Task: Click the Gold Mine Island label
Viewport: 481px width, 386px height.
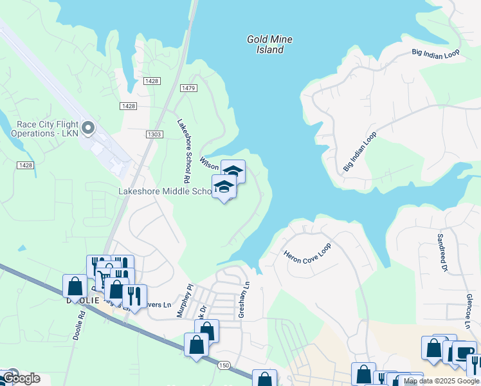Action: click(x=269, y=44)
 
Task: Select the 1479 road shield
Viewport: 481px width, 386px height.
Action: click(x=188, y=88)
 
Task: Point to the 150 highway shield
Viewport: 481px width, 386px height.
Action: click(x=224, y=365)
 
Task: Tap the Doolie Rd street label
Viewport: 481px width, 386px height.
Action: click(x=79, y=326)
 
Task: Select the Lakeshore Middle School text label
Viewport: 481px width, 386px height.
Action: click(x=165, y=192)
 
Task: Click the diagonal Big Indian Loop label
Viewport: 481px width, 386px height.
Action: click(x=359, y=152)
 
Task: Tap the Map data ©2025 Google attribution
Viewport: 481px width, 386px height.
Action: click(x=442, y=381)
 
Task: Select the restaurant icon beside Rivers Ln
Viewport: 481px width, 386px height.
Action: click(x=134, y=295)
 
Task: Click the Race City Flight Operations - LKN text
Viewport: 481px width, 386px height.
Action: click(x=44, y=129)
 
